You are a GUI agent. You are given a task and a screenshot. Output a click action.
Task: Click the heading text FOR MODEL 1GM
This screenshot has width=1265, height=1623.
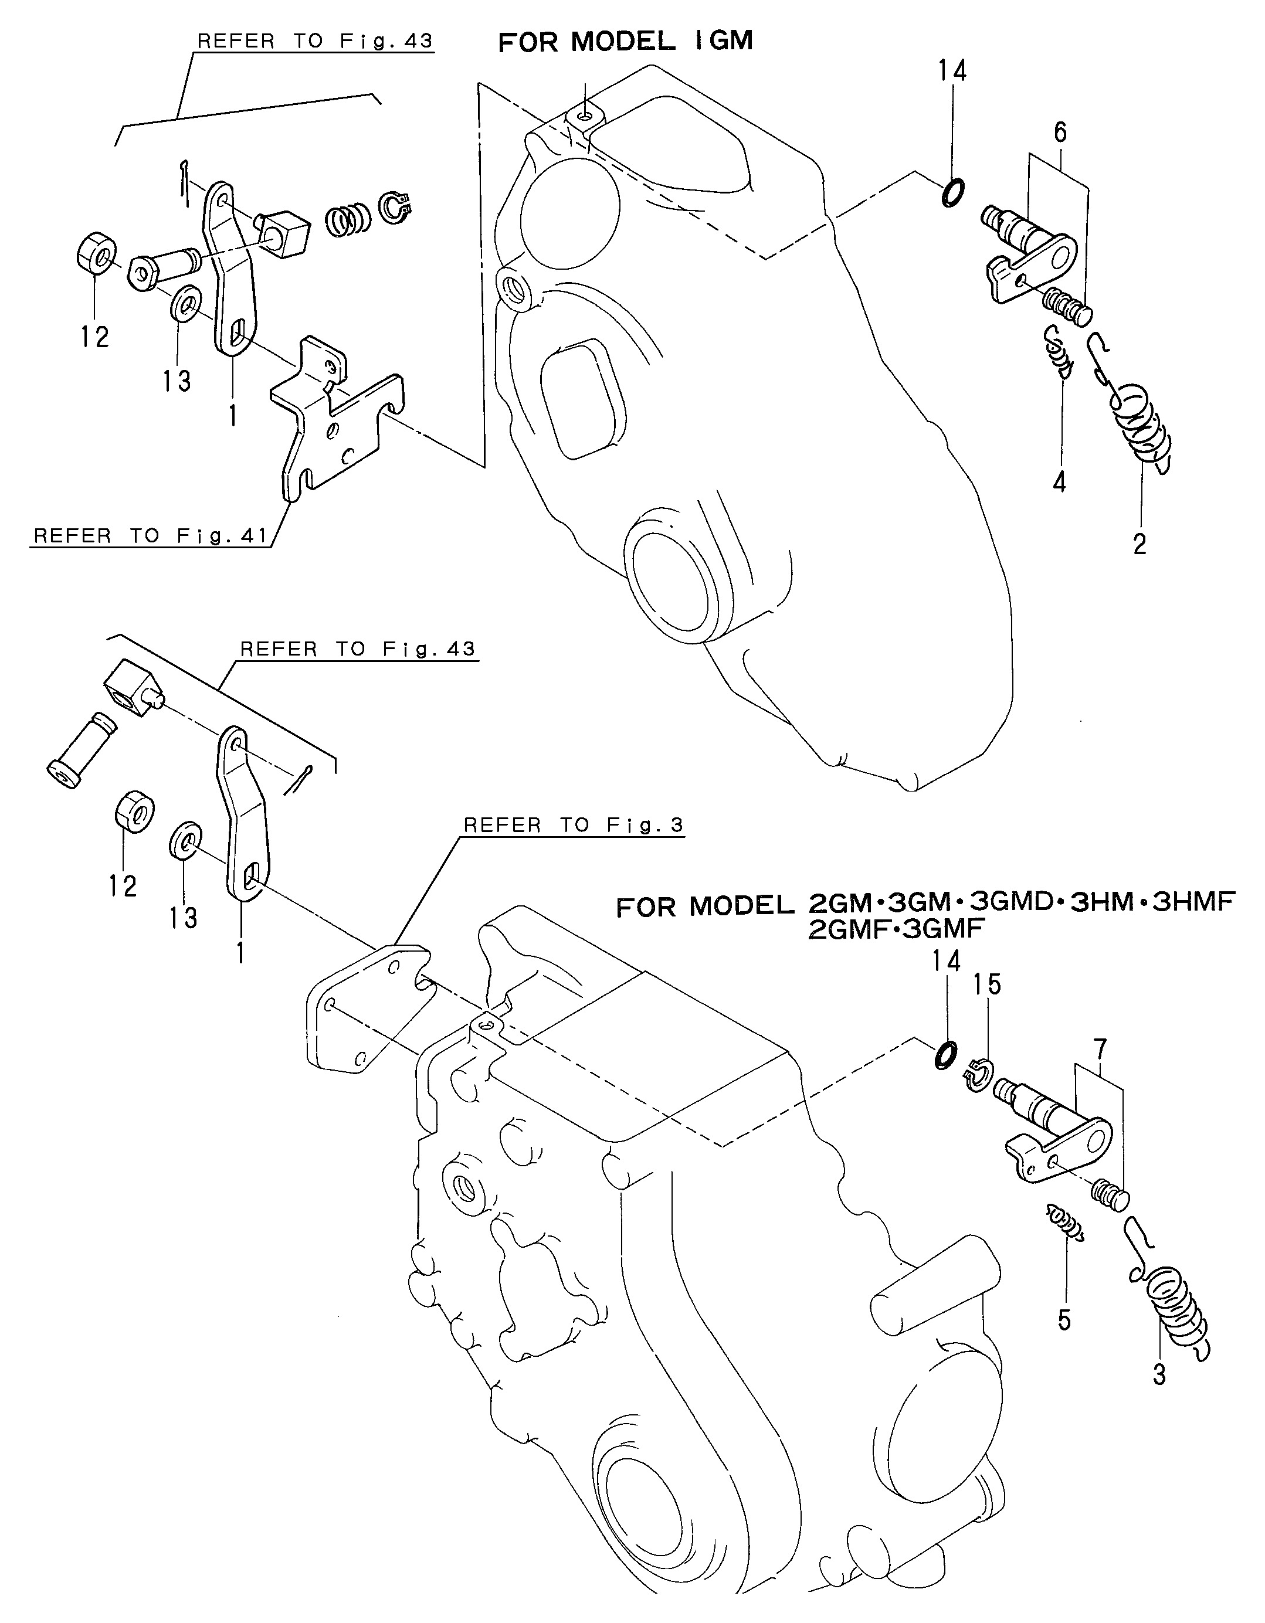[625, 41]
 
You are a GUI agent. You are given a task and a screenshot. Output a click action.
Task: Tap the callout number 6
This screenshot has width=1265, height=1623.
[1060, 133]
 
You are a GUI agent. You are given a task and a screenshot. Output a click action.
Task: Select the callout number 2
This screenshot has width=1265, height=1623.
[1139, 544]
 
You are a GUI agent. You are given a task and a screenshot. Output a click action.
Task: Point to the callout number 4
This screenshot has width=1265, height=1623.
[1059, 481]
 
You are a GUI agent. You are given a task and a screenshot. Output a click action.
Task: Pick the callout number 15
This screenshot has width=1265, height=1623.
[988, 984]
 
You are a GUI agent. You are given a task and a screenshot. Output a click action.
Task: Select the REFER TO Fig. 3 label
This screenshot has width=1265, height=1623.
[573, 825]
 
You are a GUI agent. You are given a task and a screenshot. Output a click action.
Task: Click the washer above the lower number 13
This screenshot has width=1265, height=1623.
[184, 840]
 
